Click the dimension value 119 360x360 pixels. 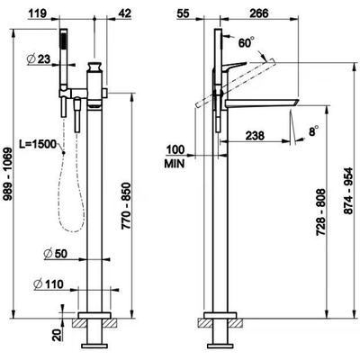pyautogui.click(x=38, y=13)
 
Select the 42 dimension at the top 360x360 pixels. pyautogui.click(x=124, y=13)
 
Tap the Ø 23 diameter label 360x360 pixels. pyautogui.click(x=39, y=59)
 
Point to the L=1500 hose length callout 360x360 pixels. pyautogui.click(x=38, y=144)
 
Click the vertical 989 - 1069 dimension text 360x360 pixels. pyautogui.click(x=8, y=174)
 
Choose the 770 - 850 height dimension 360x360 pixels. pyautogui.click(x=126, y=206)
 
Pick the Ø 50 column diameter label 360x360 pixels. pyautogui.click(x=56, y=254)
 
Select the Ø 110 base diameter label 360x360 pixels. pyautogui.click(x=49, y=283)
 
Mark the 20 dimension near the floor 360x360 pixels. pyautogui.click(x=58, y=334)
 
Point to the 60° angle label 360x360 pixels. pyautogui.click(x=247, y=42)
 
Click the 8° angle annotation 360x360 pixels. pyautogui.click(x=314, y=131)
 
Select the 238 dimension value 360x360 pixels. pyautogui.click(x=255, y=136)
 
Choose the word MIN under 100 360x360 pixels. pyautogui.click(x=175, y=164)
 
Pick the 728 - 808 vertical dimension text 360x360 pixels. pyautogui.click(x=321, y=211)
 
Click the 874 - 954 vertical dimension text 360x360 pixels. pyautogui.click(x=348, y=191)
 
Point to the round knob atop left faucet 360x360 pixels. pyautogui.click(x=94, y=67)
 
